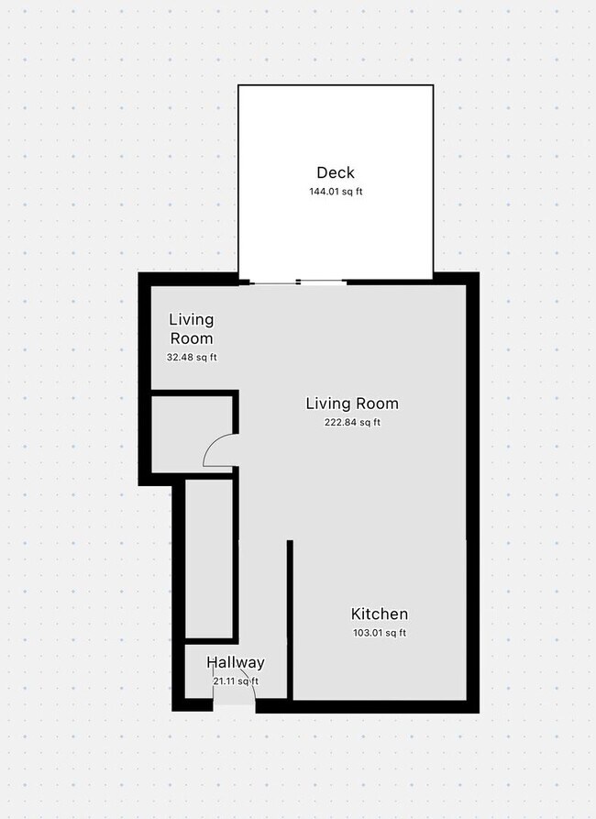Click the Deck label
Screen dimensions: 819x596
pyautogui.click(x=335, y=172)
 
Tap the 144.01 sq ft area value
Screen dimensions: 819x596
pyautogui.click(x=335, y=192)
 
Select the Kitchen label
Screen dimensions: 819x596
pyautogui.click(x=380, y=614)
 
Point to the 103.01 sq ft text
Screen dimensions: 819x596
pyautogui.click(x=380, y=633)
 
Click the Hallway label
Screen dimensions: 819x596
pyautogui.click(x=235, y=662)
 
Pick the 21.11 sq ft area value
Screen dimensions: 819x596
pyautogui.click(x=235, y=681)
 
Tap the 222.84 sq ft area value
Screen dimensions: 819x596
pyautogui.click(x=352, y=422)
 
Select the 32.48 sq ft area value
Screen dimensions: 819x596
pyautogui.click(x=191, y=358)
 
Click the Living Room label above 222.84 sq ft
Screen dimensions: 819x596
pyautogui.click(x=352, y=404)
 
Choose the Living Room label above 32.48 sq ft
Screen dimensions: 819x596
pyautogui.click(x=191, y=328)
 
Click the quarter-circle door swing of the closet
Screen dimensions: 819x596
pyautogui.click(x=217, y=451)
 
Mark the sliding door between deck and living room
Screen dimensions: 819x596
pyautogui.click(x=298, y=282)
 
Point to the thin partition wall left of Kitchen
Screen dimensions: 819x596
pyautogui.click(x=290, y=620)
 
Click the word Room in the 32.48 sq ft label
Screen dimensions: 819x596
pyautogui.click(x=191, y=338)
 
